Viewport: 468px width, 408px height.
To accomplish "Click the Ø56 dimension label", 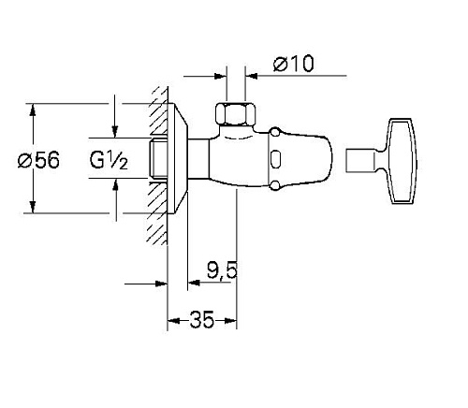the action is [x=38, y=160].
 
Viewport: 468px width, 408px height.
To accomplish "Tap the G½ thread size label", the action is [x=109, y=160].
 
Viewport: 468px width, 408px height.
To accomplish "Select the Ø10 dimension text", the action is [x=293, y=64].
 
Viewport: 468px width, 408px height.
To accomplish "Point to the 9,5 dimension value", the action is [x=222, y=270].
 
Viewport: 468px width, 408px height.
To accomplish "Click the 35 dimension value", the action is [x=202, y=320].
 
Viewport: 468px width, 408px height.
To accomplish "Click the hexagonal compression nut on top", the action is [x=236, y=113].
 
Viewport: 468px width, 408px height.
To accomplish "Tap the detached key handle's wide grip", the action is [x=402, y=161].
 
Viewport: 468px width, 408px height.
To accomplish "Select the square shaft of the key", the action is [x=360, y=160].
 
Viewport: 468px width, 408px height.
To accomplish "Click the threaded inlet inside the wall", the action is [x=157, y=160].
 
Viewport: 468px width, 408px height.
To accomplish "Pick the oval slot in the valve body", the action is [x=275, y=159].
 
